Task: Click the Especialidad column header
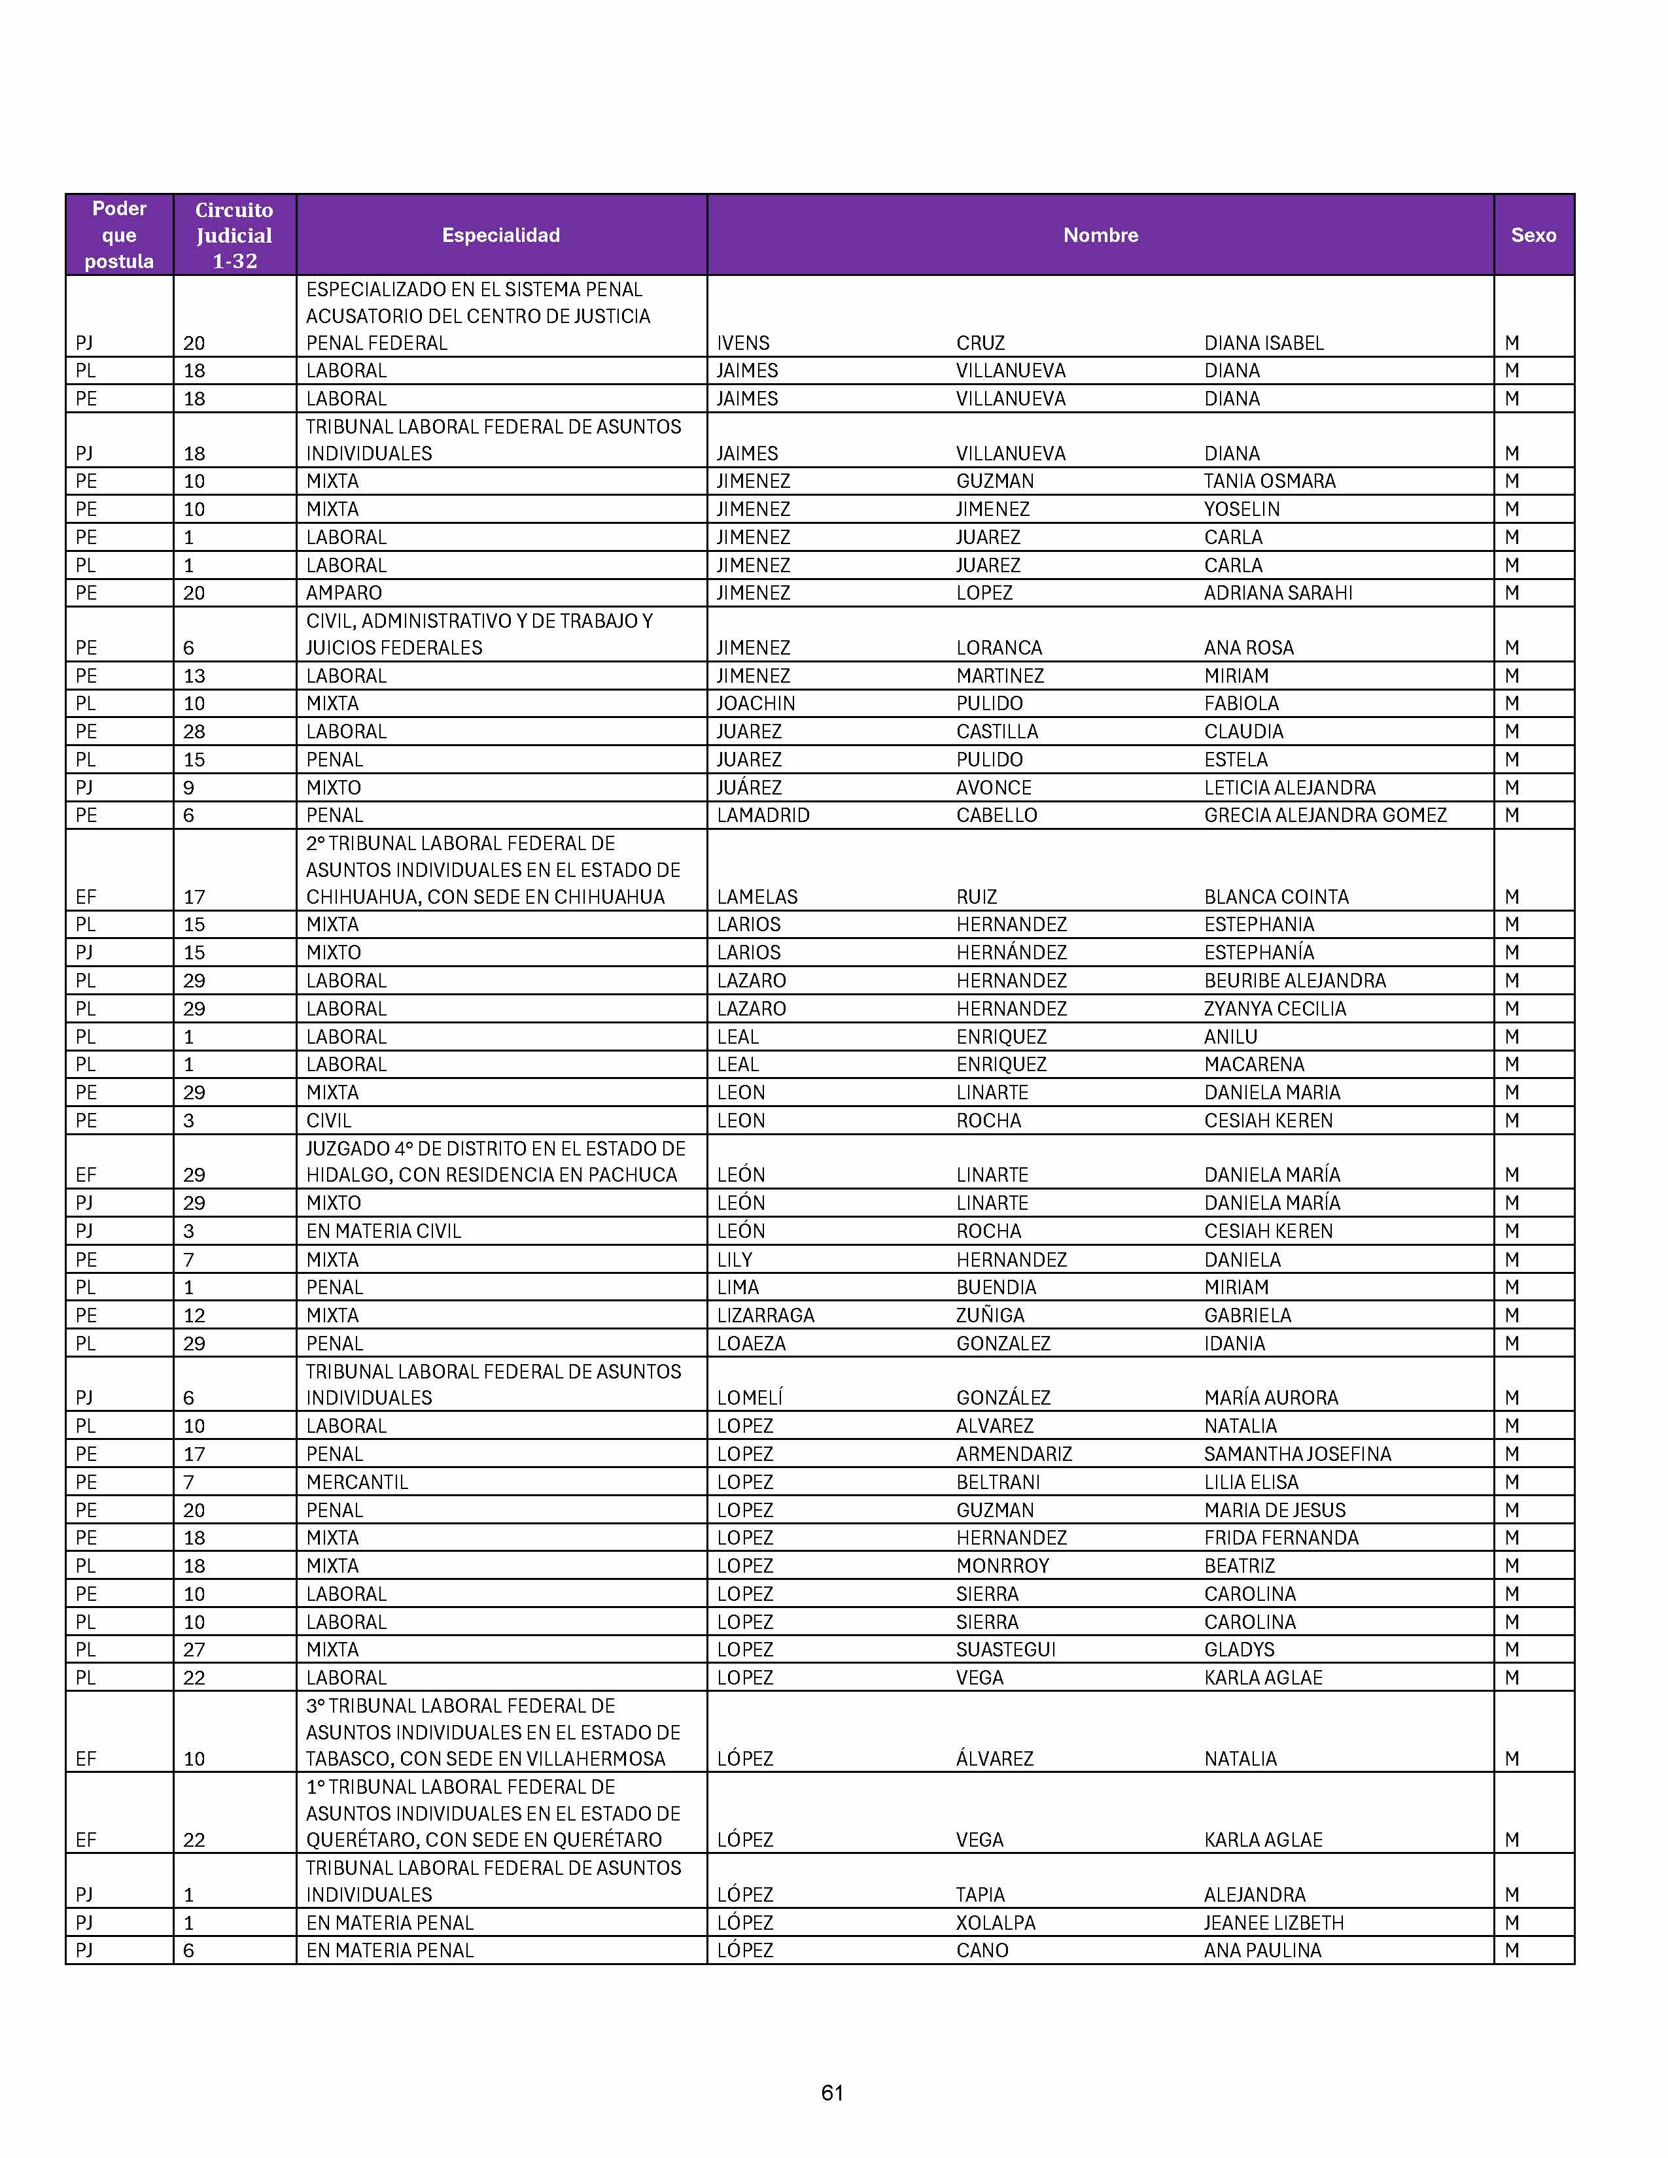point(501,235)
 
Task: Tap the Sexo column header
point(1533,235)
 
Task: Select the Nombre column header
point(1100,235)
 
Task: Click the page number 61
point(832,2093)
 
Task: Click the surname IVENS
point(743,343)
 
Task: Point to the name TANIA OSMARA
point(1269,481)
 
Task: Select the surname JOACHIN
point(756,704)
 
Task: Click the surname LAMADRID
point(763,815)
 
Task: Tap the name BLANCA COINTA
point(1276,897)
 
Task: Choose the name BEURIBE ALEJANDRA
point(1294,980)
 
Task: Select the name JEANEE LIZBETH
point(1274,1923)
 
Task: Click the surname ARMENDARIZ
point(1014,1454)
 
